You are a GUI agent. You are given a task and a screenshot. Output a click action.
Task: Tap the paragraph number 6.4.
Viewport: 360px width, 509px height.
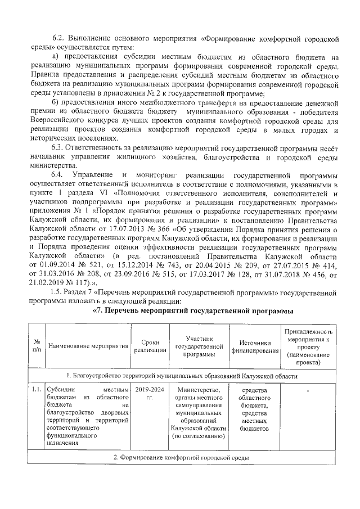pyautogui.click(x=59, y=175)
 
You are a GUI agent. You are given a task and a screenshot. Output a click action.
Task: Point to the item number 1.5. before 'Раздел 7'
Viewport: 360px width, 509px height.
pyautogui.click(x=58, y=292)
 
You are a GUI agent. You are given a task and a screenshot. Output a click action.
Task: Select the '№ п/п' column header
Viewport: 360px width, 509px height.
pyautogui.click(x=37, y=345)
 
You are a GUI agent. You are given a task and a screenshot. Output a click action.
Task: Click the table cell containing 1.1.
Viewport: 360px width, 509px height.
pyautogui.click(x=37, y=389)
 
